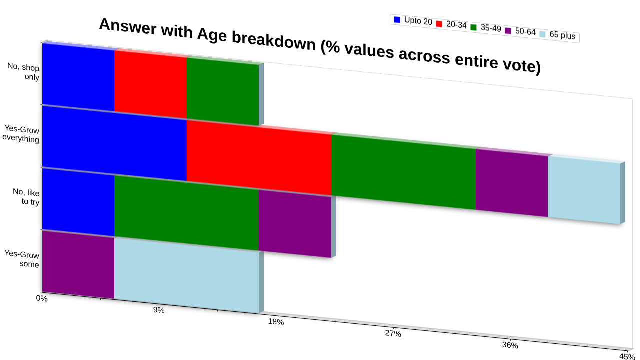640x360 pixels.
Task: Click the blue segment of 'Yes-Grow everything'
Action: [114, 143]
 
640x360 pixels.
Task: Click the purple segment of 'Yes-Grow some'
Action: [78, 265]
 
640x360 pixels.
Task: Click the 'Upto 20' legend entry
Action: [413, 21]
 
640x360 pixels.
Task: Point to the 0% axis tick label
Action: [42, 298]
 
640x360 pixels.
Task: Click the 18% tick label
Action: [276, 322]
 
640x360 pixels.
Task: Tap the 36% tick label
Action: [510, 345]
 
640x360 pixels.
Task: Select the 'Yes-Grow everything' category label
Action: [21, 134]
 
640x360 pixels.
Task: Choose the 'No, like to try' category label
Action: [26, 197]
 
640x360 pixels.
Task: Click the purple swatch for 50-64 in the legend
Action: [508, 31]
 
